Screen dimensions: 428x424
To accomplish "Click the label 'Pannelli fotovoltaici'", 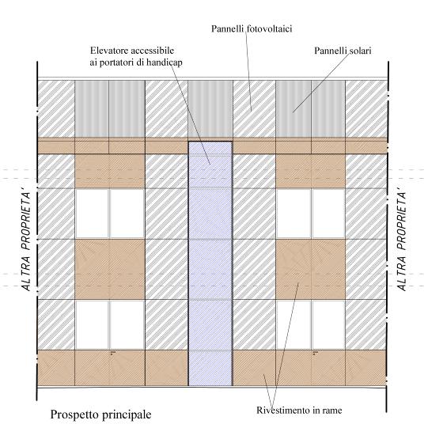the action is pyautogui.click(x=252, y=29).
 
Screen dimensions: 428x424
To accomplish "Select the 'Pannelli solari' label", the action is pyautogui.click(x=343, y=51).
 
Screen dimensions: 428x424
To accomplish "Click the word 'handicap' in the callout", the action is pyautogui.click(x=165, y=62).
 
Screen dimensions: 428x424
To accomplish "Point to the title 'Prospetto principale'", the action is pyautogui.click(x=100, y=415).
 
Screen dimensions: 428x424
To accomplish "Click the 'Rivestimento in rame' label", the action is pyautogui.click(x=299, y=410).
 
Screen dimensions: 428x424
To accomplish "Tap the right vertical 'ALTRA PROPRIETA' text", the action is pyautogui.click(x=402, y=241).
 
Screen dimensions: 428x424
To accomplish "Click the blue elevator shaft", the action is pyautogui.click(x=210, y=263).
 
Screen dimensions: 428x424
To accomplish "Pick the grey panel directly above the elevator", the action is pyautogui.click(x=210, y=109).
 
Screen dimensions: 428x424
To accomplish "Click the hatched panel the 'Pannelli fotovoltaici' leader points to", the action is pyautogui.click(x=254, y=109).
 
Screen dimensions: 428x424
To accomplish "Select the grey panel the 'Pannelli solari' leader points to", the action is pyautogui.click(x=294, y=109).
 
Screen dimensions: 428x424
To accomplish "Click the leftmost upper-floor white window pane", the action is pyautogui.click(x=92, y=214).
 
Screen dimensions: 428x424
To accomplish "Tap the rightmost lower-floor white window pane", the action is pyautogui.click(x=328, y=324).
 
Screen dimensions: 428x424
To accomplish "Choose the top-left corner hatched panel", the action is pyautogui.click(x=56, y=109).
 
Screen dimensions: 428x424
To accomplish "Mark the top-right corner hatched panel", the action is pyautogui.click(x=366, y=109).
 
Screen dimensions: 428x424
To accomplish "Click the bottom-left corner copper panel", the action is pyautogui.click(x=56, y=368).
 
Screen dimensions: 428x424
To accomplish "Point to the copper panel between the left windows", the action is pyautogui.click(x=110, y=269).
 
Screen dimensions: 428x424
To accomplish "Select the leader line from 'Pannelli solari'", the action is pyautogui.click(x=321, y=83).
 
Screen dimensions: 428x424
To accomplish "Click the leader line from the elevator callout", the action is pyautogui.click(x=190, y=113).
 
